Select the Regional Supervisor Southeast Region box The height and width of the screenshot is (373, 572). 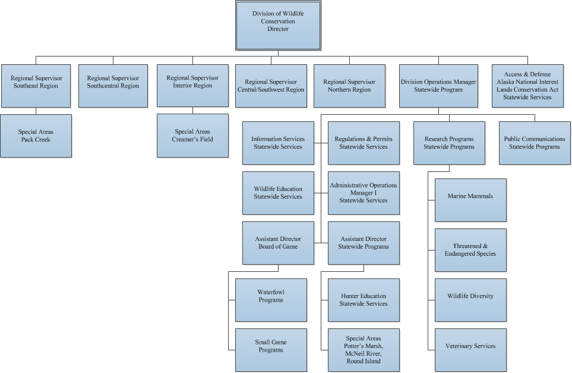click(36, 86)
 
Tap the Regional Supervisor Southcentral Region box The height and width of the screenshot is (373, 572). click(113, 86)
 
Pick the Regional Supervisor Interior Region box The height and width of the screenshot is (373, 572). click(192, 86)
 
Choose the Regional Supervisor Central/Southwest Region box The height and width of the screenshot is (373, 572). click(271, 86)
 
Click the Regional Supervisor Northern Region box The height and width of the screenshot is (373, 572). click(349, 86)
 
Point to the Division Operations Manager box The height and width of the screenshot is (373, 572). click(438, 86)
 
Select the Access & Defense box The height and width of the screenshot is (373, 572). click(527, 86)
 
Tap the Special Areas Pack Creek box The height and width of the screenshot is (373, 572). click(36, 136)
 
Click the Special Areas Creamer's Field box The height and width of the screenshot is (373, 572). click(192, 136)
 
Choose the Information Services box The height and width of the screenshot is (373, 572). click(278, 143)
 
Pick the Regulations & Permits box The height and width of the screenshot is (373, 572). click(364, 143)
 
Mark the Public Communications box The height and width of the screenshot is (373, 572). click(535, 143)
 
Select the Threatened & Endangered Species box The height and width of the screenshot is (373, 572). click(470, 250)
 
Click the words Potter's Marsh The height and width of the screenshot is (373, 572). click(364, 346)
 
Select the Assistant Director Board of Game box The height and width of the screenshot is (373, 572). click(278, 243)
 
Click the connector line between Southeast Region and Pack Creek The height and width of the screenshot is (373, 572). click(36, 111)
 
